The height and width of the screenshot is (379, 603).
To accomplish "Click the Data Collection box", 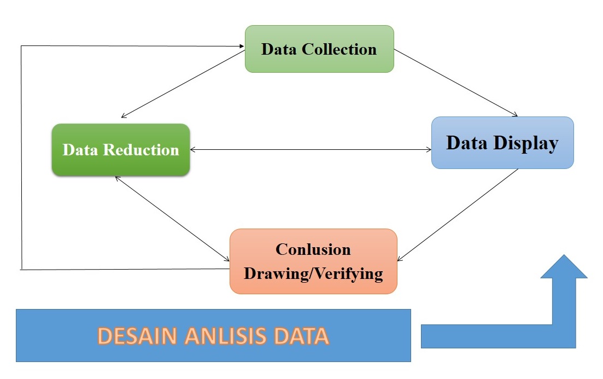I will pyautogui.click(x=319, y=49).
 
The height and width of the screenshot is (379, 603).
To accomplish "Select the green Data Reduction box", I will pyautogui.click(x=121, y=149).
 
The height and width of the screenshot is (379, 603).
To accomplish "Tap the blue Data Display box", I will pyautogui.click(x=502, y=143).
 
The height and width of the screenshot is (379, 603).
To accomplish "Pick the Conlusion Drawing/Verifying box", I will pyautogui.click(x=313, y=261).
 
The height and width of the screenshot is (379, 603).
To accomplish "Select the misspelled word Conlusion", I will pyautogui.click(x=313, y=249).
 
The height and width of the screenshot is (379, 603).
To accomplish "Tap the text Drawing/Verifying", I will pyautogui.click(x=313, y=273).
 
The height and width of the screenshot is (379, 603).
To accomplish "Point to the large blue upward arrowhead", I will pyautogui.click(x=564, y=268).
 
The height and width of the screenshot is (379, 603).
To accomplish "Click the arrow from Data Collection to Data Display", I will pyautogui.click(x=455, y=83).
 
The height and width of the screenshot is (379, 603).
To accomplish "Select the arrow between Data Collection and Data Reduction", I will pyautogui.click(x=183, y=83).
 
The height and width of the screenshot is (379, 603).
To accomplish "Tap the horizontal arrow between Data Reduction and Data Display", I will pyautogui.click(x=310, y=149).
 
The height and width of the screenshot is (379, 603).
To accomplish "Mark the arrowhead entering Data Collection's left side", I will pyautogui.click(x=241, y=46).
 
